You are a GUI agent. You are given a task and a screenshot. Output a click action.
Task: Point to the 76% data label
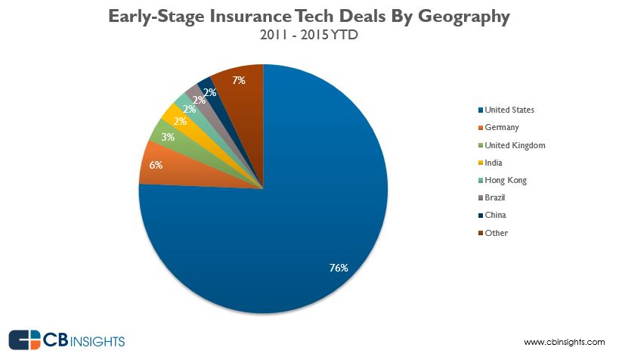[x=338, y=268]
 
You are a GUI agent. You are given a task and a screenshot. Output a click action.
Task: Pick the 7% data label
[x=239, y=79]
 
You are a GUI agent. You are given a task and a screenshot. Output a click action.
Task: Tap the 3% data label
[x=168, y=137]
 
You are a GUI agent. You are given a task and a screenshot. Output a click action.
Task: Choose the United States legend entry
[x=509, y=110]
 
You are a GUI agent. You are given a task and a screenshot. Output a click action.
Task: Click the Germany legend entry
[x=502, y=127]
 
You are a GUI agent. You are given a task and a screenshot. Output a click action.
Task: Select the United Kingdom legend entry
[x=514, y=145]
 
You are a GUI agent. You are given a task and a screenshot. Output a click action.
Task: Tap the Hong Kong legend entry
[x=506, y=180]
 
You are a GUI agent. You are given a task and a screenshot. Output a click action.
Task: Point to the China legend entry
[x=496, y=215]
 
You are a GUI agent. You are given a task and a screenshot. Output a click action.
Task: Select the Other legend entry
[x=497, y=233]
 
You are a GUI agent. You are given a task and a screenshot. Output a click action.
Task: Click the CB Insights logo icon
[x=24, y=340]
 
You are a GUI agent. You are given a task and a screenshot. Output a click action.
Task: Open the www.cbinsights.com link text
[x=564, y=343]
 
